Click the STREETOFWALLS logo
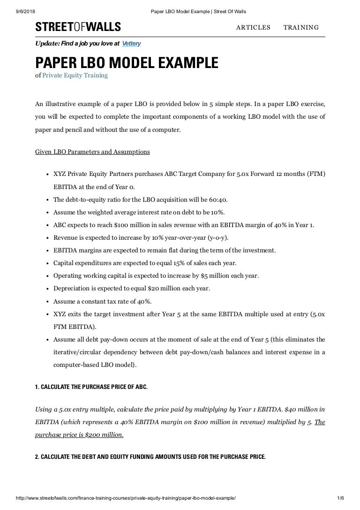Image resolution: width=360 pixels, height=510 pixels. click(78, 27)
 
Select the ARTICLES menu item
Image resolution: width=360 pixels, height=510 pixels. click(253, 27)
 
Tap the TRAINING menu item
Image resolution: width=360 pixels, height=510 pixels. click(301, 27)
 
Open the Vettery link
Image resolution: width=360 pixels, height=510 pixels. click(131, 44)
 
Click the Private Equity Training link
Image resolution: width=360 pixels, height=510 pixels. click(75, 75)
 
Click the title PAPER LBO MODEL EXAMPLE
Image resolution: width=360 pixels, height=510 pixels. click(127, 63)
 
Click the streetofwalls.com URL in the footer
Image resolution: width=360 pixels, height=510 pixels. click(126, 506)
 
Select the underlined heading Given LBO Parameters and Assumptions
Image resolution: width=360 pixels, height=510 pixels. click(93, 152)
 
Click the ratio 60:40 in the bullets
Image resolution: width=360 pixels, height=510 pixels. click(218, 199)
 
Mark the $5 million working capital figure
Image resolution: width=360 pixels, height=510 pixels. click(206, 275)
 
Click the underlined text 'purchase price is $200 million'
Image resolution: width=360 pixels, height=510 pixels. click(79, 435)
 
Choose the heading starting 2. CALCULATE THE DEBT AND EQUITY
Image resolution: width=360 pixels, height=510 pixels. click(150, 456)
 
